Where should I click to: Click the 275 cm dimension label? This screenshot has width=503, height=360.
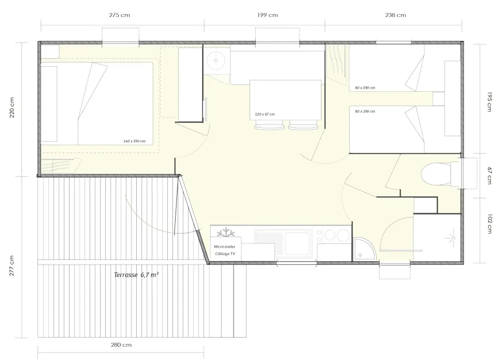(x=119, y=15)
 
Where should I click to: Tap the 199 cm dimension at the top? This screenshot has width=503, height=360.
(x=268, y=15)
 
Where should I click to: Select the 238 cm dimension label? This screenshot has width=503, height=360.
(x=396, y=15)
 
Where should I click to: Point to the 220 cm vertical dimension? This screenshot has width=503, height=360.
(x=12, y=108)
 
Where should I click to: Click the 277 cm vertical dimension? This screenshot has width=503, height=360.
(x=12, y=266)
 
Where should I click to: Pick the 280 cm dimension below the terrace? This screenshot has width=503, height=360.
(x=121, y=345)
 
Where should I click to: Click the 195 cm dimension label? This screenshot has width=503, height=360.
(x=490, y=101)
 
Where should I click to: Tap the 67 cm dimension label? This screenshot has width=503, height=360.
(x=490, y=176)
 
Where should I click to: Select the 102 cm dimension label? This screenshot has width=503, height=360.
(x=490, y=224)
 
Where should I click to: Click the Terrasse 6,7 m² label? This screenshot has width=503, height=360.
(x=136, y=275)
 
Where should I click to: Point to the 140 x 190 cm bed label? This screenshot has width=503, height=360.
(x=134, y=141)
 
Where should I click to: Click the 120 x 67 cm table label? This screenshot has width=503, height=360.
(x=265, y=114)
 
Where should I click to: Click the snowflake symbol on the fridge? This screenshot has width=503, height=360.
(x=226, y=233)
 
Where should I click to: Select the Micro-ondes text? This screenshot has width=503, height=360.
(x=225, y=247)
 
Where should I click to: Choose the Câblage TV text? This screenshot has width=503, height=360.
(x=225, y=254)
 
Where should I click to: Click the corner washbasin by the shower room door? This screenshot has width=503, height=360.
(x=363, y=249)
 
